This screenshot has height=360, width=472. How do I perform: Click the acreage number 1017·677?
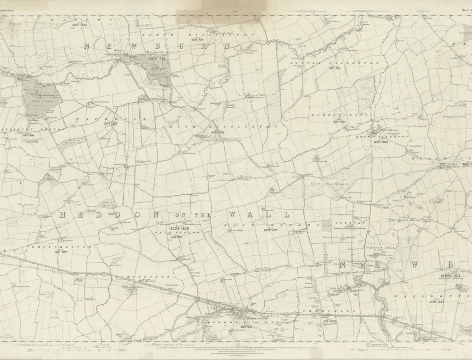tap(270, 230)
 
